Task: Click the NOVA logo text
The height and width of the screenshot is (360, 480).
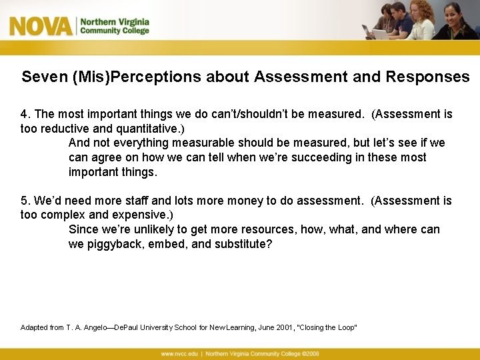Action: (40, 26)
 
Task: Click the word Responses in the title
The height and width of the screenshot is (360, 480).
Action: (427, 77)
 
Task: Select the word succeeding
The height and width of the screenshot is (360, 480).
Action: (323, 158)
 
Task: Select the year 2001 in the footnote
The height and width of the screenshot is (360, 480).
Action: (285, 327)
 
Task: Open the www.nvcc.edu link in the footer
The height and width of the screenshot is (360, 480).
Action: (180, 353)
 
